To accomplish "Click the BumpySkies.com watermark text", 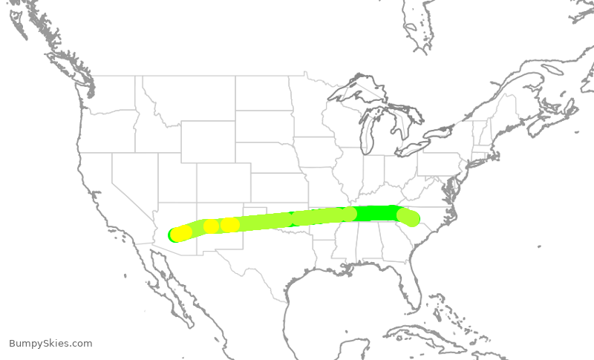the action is click(50, 343).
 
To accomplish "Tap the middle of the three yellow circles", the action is click(212, 226).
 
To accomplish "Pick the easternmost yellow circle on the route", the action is click(231, 224).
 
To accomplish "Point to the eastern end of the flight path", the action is click(410, 217).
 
